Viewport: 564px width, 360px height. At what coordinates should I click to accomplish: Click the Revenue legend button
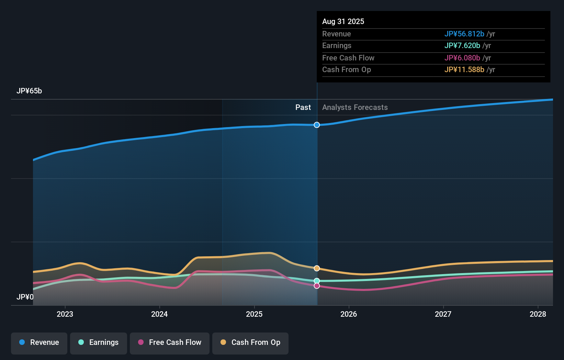click(x=39, y=343)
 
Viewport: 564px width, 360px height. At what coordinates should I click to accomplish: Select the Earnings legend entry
click(x=99, y=343)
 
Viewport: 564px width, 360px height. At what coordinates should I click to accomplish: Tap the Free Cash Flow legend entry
click(x=170, y=343)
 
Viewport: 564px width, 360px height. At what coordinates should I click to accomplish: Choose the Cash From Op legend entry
click(x=250, y=343)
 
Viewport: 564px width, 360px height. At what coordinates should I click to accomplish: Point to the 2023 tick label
click(x=65, y=314)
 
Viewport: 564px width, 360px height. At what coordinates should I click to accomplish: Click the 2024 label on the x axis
click(x=159, y=314)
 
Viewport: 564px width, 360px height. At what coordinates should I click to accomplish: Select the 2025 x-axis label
click(x=254, y=314)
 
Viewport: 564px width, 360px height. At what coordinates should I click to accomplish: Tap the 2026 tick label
click(x=349, y=314)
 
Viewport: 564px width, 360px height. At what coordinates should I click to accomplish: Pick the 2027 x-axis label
click(x=443, y=314)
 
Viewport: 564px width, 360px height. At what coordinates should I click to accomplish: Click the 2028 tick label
click(x=538, y=314)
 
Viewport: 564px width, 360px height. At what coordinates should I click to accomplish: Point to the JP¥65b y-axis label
click(x=29, y=91)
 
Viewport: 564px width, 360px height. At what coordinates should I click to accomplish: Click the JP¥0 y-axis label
click(x=25, y=297)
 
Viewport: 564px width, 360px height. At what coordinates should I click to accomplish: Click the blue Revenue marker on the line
click(x=317, y=125)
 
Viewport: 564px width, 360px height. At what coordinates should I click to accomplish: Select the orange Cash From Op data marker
click(x=317, y=268)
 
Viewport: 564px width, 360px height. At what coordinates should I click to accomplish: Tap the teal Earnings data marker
click(x=317, y=281)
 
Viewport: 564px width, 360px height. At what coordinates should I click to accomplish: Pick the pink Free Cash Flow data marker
click(x=317, y=286)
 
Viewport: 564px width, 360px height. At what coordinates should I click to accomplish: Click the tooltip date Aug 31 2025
click(x=343, y=22)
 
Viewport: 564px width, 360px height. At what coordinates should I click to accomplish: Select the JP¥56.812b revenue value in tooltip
click(x=464, y=34)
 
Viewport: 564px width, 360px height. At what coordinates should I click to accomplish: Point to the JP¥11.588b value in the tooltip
click(x=464, y=70)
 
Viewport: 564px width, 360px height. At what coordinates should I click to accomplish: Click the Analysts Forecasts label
click(x=355, y=108)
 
